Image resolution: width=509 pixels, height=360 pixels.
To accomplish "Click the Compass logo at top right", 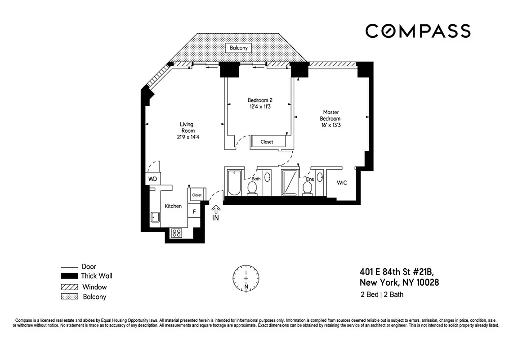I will tap(418, 31).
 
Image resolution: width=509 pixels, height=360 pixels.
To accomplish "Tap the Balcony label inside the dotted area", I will tap(239, 48).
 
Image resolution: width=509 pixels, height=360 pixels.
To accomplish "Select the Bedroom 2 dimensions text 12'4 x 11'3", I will tap(260, 107).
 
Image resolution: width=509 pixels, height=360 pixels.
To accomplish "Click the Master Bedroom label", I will tap(330, 115).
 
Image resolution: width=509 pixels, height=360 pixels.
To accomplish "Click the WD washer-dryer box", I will tap(153, 179).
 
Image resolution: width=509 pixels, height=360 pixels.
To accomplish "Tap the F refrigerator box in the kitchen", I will tap(194, 211).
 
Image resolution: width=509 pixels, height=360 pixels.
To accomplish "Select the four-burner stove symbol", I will tap(177, 233).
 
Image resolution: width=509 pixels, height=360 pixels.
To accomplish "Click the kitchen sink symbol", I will tap(155, 218).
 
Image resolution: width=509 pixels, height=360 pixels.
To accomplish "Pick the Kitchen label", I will tap(173, 206).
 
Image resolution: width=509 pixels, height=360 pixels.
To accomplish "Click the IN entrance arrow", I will tap(216, 213).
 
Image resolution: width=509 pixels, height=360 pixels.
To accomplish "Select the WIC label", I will tap(342, 183).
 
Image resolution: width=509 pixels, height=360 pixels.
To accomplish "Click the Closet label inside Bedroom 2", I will tap(267, 142).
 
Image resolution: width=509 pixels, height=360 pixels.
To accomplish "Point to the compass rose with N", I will tap(246, 278).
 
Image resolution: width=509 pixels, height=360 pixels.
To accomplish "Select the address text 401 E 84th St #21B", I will tap(397, 272).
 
